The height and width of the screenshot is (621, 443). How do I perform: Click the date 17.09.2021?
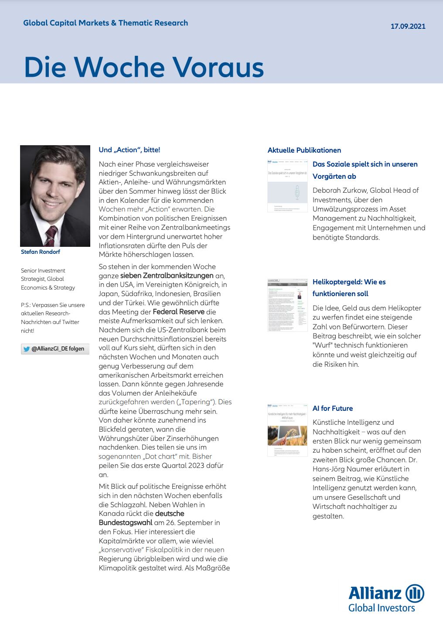coord(408,26)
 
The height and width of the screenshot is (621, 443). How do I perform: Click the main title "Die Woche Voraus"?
coord(144,67)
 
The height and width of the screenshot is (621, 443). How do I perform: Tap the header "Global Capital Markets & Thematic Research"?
coord(106,23)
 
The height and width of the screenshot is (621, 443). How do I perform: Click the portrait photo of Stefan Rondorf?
coord(55,196)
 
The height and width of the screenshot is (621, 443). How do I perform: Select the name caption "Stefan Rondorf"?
coord(41,252)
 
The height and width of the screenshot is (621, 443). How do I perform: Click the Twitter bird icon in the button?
coord(26,349)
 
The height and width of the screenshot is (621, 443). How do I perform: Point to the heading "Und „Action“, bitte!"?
coord(129,150)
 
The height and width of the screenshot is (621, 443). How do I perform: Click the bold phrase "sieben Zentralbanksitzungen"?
coord(167,276)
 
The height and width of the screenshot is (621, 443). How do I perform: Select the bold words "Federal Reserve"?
coord(179,312)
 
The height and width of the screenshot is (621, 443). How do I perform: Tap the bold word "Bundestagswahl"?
coord(125,522)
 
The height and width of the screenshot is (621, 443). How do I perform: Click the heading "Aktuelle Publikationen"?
coord(304,150)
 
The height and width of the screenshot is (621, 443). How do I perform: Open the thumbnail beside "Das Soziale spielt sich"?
coord(287,186)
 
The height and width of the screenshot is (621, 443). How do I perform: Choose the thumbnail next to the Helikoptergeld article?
coord(287,305)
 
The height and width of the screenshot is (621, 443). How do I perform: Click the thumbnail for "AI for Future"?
coord(287,430)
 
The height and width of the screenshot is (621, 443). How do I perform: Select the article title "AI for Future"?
coord(333,409)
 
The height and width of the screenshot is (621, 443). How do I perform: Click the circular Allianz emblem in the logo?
coord(415,594)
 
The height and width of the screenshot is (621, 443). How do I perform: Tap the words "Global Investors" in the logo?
coord(382,608)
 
